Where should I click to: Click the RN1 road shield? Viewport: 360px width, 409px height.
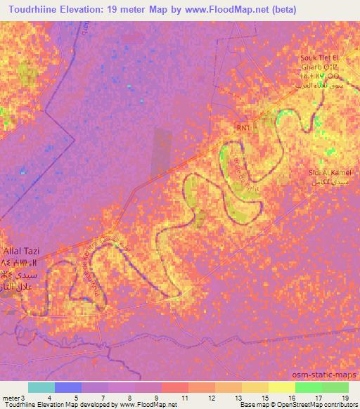coord(243,128)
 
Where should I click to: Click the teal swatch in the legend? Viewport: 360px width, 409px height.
coord(41,387)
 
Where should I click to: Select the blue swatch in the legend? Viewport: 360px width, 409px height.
coord(68,387)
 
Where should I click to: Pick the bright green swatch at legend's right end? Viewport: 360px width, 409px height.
coord(335,387)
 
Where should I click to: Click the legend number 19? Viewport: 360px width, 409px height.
coord(344,397)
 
